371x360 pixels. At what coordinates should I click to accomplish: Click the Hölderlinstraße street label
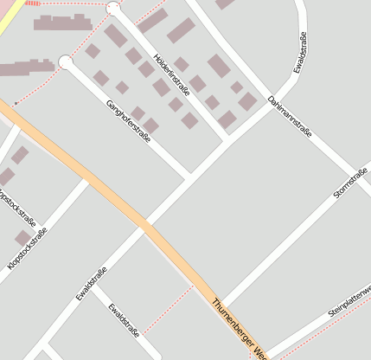[x=170, y=73]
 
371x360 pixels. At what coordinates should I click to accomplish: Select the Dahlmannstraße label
[x=289, y=116]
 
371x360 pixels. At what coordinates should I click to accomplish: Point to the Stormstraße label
[x=352, y=180]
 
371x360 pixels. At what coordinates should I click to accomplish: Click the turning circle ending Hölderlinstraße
[x=113, y=9]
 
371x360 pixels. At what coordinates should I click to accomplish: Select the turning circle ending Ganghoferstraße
[x=66, y=61]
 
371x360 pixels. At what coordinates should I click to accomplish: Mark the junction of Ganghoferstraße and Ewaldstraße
[x=191, y=177]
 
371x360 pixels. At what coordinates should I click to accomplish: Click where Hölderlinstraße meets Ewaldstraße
[x=229, y=138]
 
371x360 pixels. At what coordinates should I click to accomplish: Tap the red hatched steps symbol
[x=32, y=3]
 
